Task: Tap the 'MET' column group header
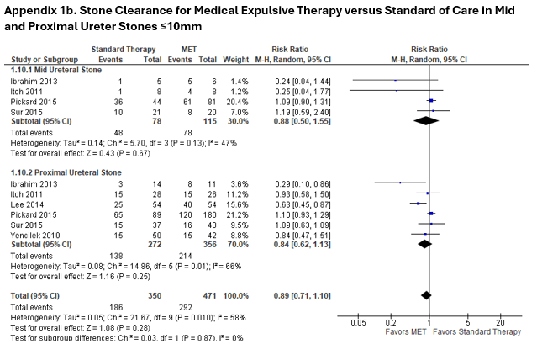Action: point(190,50)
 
